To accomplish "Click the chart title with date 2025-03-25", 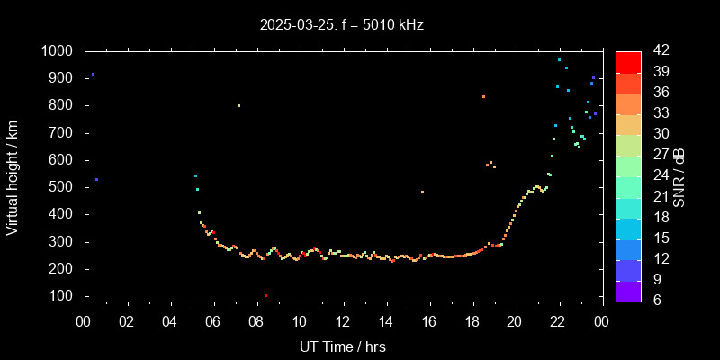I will click(x=341, y=25).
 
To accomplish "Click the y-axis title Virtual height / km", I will click(x=13, y=180).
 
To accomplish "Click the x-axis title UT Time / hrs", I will click(x=343, y=346).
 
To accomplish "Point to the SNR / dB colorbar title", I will click(x=679, y=176).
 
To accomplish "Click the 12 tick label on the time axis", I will click(x=343, y=321).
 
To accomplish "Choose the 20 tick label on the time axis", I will click(x=516, y=321).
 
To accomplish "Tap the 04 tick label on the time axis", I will click(x=170, y=321).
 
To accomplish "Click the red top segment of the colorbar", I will click(x=628, y=61).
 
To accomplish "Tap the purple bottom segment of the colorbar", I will click(x=628, y=290).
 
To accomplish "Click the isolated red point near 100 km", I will click(x=265, y=295).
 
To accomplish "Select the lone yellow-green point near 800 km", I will click(x=238, y=106).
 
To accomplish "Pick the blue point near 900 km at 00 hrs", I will click(x=93, y=75).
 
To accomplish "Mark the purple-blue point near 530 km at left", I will click(x=96, y=180).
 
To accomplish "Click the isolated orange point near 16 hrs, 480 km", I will click(x=422, y=192).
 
